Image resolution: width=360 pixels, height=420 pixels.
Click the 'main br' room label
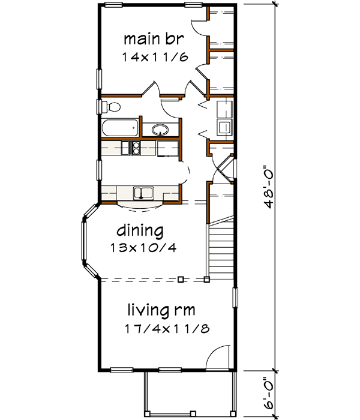(x=153, y=40)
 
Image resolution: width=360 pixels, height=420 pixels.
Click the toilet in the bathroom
(x=110, y=107)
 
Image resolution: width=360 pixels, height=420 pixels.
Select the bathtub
(x=121, y=129)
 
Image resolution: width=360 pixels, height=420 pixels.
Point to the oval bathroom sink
(x=160, y=130)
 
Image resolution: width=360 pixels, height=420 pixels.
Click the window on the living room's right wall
(x=236, y=298)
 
